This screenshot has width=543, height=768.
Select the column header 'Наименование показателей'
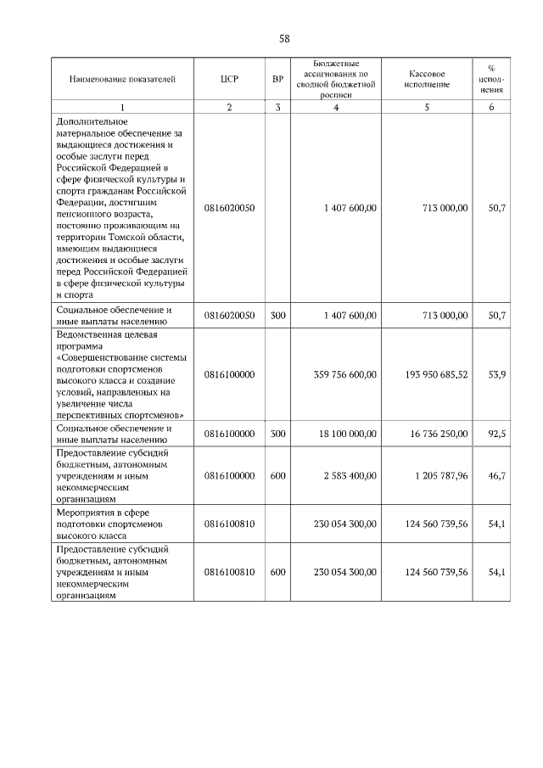click(x=122, y=80)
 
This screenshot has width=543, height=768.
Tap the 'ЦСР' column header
click(x=229, y=80)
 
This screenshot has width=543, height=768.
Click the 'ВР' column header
click(x=277, y=80)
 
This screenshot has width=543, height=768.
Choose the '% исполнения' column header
click(x=491, y=80)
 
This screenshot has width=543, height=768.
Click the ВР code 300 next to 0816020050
click(x=277, y=315)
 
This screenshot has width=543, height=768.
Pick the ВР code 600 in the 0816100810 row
click(x=277, y=572)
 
